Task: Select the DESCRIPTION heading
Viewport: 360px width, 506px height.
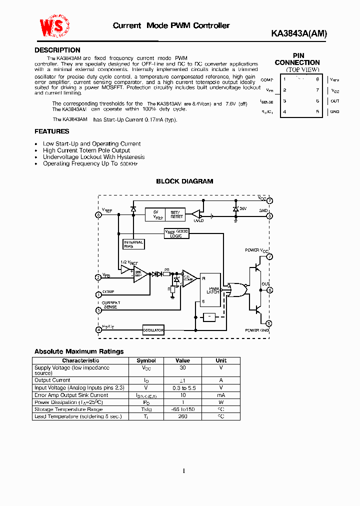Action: pyautogui.click(x=57, y=50)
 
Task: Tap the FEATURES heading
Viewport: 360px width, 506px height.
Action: pyautogui.click(x=51, y=131)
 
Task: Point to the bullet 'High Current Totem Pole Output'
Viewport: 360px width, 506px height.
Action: pyautogui.click(x=86, y=150)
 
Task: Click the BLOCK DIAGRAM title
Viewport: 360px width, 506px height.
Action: pyautogui.click(x=184, y=181)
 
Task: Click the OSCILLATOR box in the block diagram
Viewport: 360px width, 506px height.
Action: pyautogui.click(x=153, y=330)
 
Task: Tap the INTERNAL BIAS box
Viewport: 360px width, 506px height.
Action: pyautogui.click(x=133, y=244)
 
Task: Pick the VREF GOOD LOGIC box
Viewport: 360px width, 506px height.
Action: pyautogui.click(x=176, y=233)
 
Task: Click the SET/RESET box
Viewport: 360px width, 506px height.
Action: pyautogui.click(x=176, y=214)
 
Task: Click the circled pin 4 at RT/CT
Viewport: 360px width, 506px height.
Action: pyautogui.click(x=98, y=329)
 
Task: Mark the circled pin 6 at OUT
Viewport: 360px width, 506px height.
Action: pyautogui.click(x=269, y=290)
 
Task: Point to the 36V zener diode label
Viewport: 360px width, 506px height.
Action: pyautogui.click(x=243, y=208)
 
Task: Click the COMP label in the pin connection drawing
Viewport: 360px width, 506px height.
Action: pyautogui.click(x=267, y=79)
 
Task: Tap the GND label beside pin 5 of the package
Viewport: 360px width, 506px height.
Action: pyautogui.click(x=334, y=111)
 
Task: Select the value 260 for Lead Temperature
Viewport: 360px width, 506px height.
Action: pyautogui.click(x=182, y=416)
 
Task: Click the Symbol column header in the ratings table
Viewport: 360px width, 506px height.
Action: pyautogui.click(x=146, y=360)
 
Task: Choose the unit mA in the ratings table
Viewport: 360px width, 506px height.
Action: pyautogui.click(x=221, y=395)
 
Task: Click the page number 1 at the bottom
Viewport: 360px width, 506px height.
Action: pyautogui.click(x=184, y=470)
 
